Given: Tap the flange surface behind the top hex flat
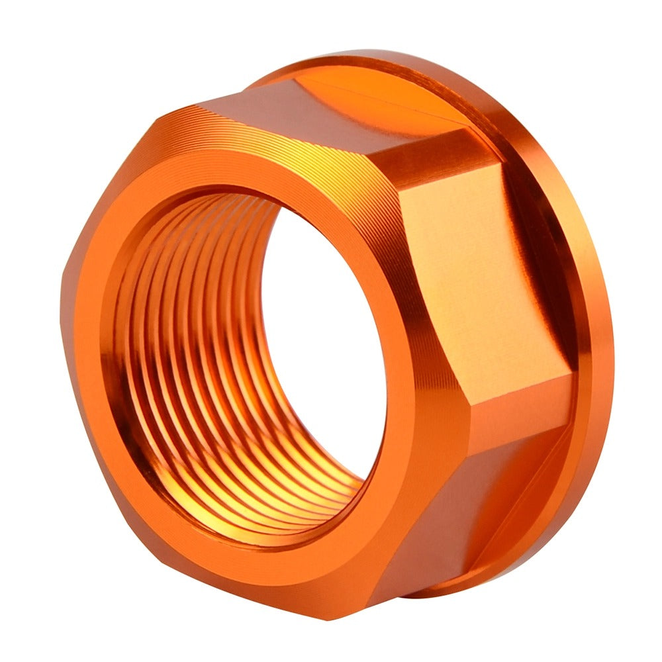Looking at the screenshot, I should click(371, 73).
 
